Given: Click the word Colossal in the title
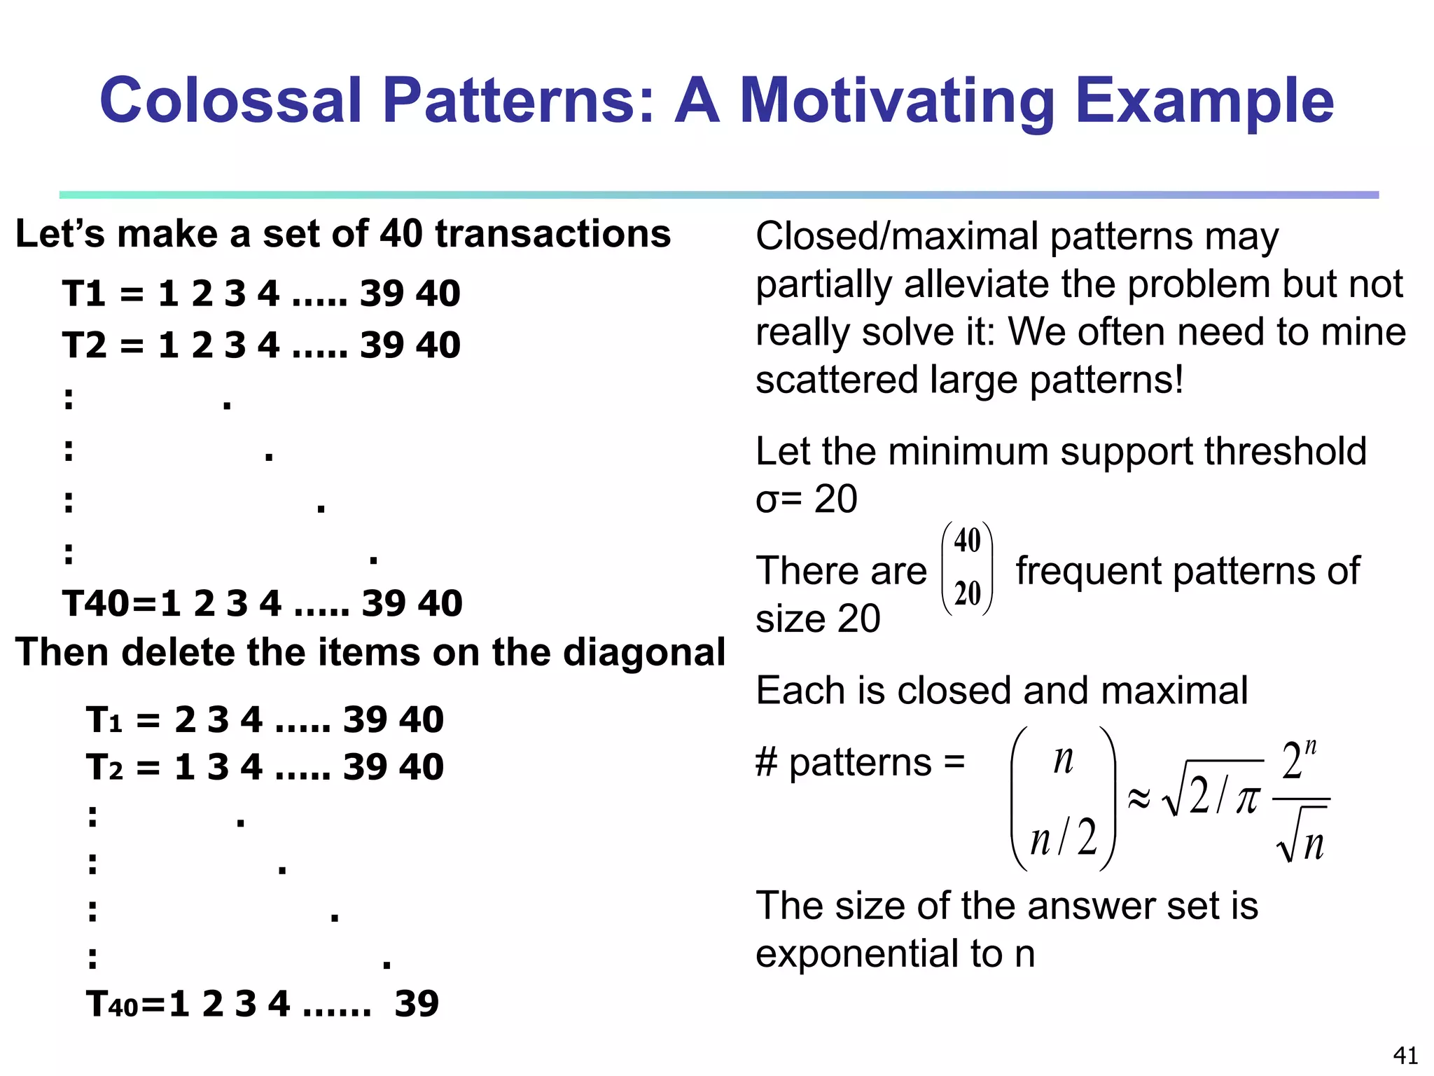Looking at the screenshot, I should click(x=231, y=100).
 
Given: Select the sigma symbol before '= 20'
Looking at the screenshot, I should click(x=766, y=500).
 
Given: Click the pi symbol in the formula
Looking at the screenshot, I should click(x=1246, y=799).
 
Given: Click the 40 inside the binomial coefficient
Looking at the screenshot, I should click(x=967, y=541).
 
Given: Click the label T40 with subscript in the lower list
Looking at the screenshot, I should click(x=112, y=1004).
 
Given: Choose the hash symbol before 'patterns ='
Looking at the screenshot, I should click(x=766, y=763).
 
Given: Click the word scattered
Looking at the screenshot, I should click(x=836, y=380).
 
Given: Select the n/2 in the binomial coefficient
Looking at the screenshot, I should click(x=1063, y=838).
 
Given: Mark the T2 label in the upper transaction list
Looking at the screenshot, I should click(x=83, y=345).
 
